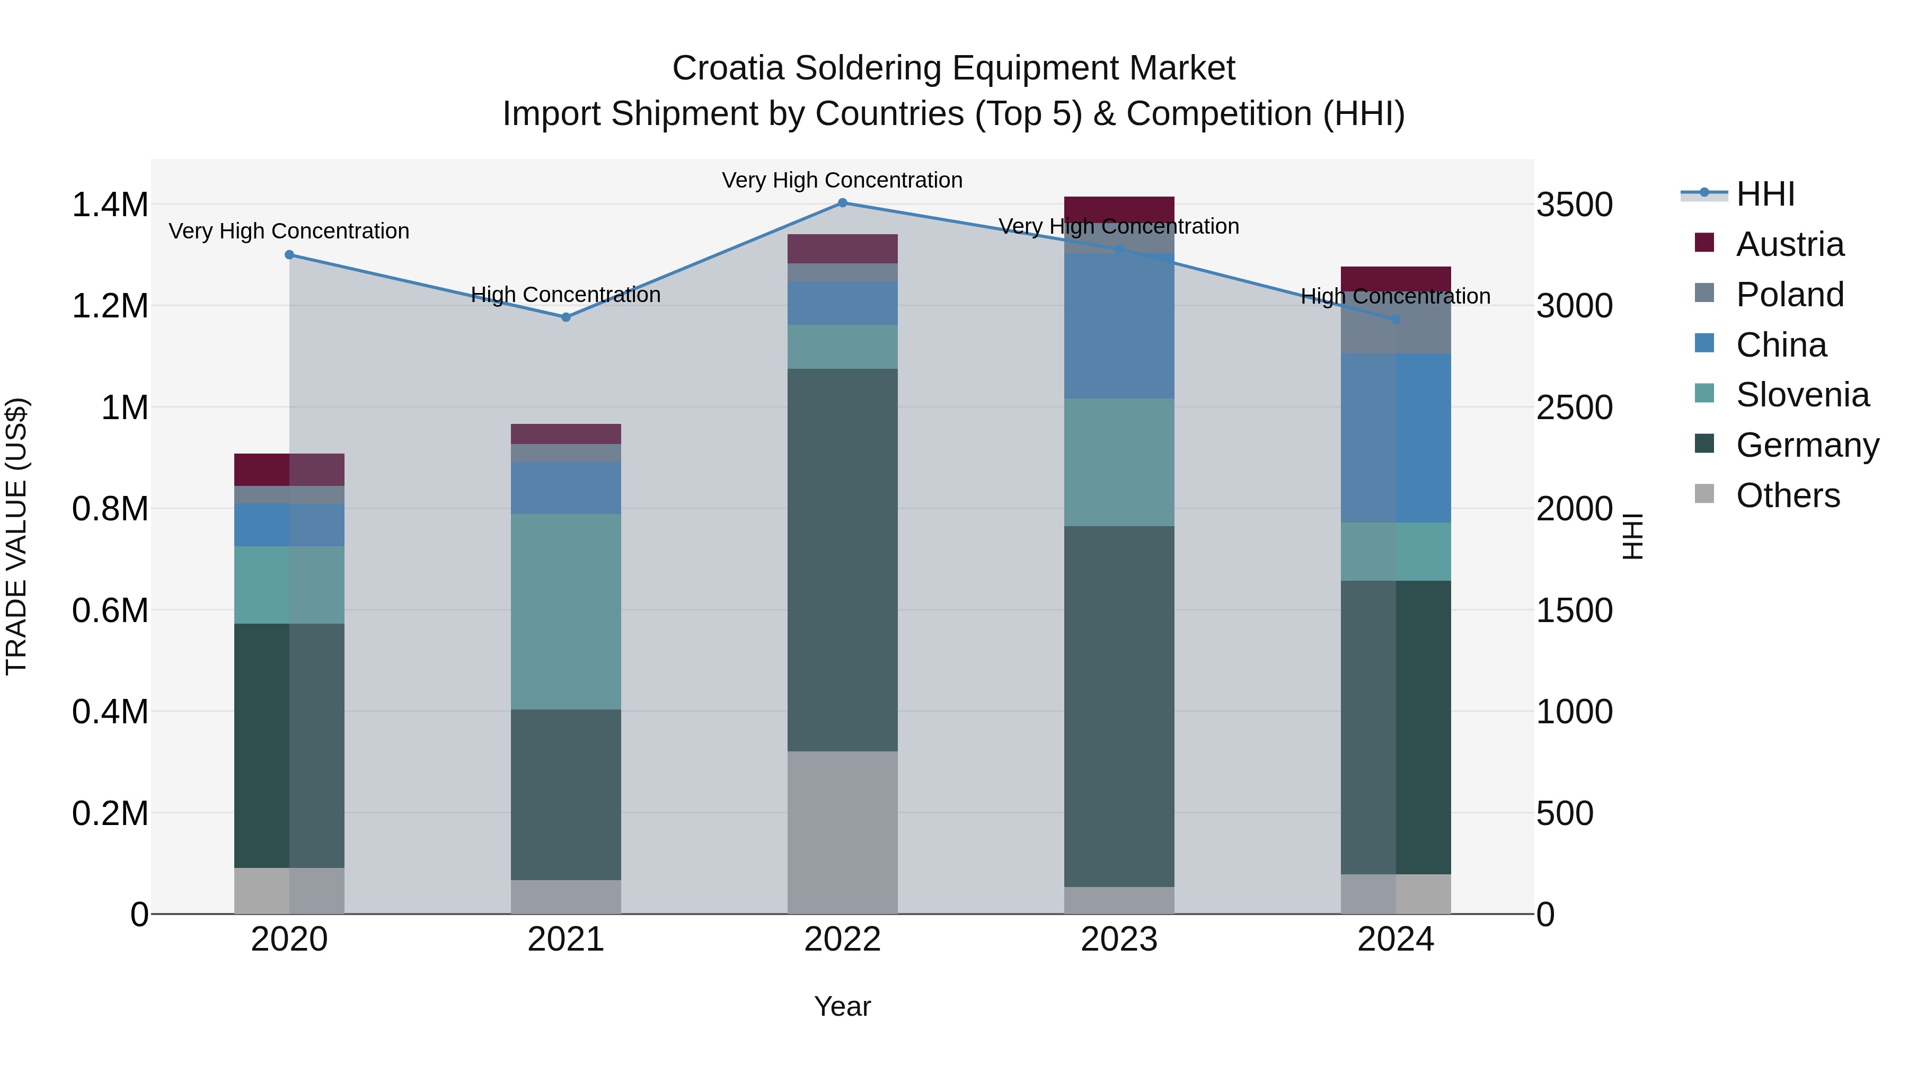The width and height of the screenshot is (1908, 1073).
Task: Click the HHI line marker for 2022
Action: click(842, 203)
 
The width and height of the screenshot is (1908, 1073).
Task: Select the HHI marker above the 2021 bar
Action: click(566, 317)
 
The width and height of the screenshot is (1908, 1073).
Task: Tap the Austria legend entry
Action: click(1789, 244)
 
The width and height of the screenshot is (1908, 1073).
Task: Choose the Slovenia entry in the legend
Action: click(1801, 395)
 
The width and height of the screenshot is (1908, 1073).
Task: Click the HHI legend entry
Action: click(1764, 194)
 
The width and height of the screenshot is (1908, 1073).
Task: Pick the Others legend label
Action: click(1787, 495)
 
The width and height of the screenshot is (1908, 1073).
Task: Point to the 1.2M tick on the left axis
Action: click(110, 306)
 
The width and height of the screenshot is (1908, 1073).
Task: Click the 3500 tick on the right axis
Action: click(1574, 205)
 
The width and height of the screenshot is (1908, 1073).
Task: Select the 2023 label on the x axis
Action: click(1118, 939)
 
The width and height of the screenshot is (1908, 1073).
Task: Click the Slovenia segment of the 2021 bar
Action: click(566, 611)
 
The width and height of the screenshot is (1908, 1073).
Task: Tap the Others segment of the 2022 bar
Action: click(842, 832)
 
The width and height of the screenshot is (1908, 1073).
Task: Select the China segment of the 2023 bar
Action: click(1118, 326)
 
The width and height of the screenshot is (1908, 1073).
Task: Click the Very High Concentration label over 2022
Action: click(842, 180)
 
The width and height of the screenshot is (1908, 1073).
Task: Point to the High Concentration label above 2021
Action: click(566, 295)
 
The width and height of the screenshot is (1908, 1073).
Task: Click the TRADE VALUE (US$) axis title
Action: click(16, 536)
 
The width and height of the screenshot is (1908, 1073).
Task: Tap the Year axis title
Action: click(842, 1006)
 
